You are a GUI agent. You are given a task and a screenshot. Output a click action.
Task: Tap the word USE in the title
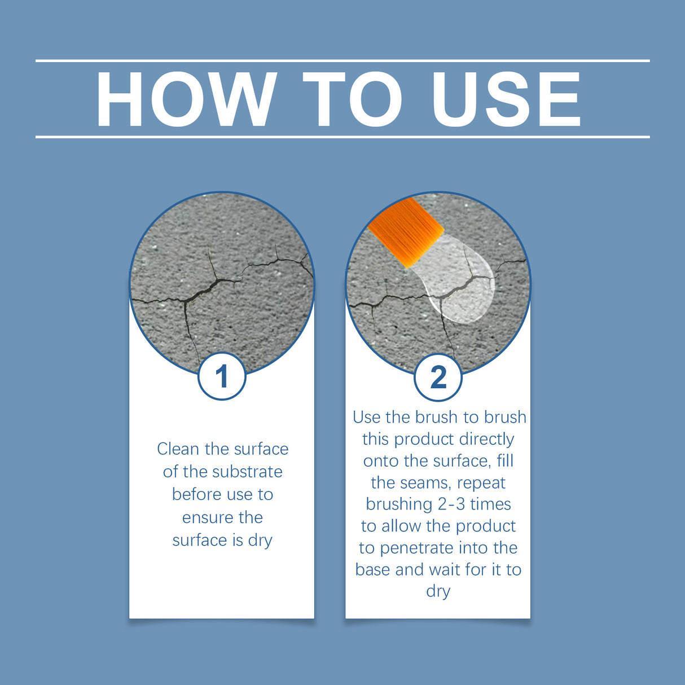(x=506, y=99)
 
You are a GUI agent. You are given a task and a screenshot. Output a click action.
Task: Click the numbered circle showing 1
(x=222, y=376)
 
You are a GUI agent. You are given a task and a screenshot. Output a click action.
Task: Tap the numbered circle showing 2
(x=438, y=377)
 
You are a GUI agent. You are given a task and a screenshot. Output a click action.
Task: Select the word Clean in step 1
(x=178, y=449)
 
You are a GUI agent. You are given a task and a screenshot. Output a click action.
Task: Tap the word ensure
(x=207, y=517)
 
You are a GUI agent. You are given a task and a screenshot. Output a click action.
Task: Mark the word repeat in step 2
(x=481, y=483)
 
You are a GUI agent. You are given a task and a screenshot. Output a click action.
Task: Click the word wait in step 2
(x=445, y=570)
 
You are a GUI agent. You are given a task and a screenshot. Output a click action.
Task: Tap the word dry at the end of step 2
(x=438, y=591)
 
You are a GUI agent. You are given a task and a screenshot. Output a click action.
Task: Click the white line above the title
(x=342, y=60)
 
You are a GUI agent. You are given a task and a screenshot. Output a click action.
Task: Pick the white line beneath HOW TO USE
(x=342, y=137)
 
